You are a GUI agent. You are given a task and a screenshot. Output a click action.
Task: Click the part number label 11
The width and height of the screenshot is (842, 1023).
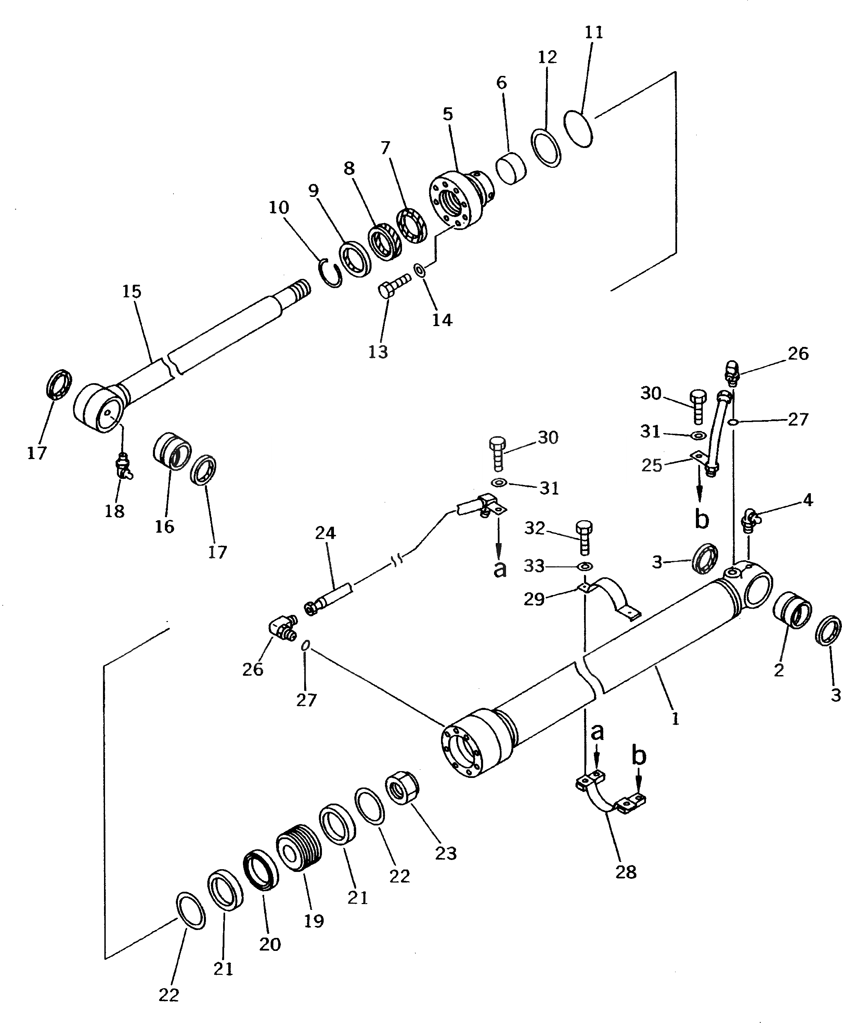(x=594, y=32)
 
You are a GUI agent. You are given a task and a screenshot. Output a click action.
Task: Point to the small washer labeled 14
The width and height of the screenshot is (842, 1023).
(x=419, y=269)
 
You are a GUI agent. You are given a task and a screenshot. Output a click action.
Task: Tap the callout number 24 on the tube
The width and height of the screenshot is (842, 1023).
(x=325, y=533)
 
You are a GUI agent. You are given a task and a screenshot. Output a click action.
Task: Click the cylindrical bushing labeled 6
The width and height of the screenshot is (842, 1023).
(x=511, y=168)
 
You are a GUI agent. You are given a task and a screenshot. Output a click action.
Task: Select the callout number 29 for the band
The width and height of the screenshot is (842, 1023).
(x=534, y=600)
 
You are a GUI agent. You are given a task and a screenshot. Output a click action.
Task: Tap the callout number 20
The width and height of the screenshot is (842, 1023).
(x=270, y=944)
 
